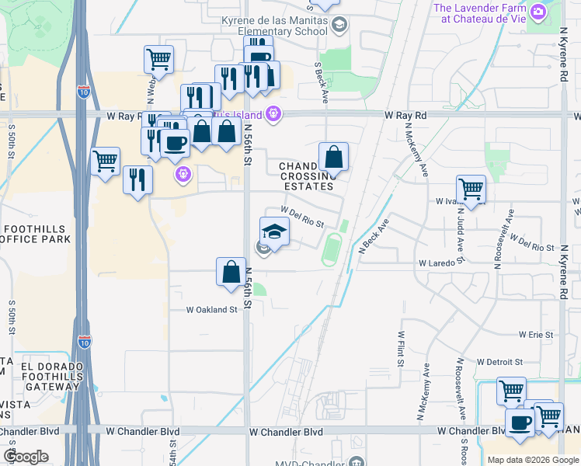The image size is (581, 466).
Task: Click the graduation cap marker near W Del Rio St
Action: [x=274, y=231]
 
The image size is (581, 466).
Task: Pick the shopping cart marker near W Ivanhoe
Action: [x=471, y=188]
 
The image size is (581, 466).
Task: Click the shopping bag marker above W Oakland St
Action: [x=231, y=272]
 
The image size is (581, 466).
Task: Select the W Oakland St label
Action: [x=210, y=310]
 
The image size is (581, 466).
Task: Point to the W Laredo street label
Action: [x=437, y=263]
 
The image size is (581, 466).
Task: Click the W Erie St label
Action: [x=536, y=335]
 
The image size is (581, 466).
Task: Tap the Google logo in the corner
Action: [x=26, y=457]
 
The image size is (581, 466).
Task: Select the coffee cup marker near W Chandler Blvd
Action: [x=520, y=423]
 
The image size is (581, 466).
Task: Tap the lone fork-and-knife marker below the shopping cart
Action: [x=137, y=180]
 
